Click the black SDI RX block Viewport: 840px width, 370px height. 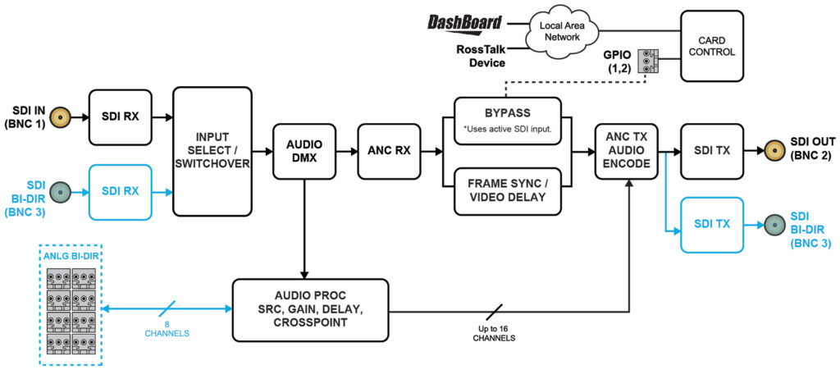click(120, 117)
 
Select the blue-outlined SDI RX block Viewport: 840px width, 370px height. click(120, 191)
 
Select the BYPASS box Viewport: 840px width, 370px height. click(508, 121)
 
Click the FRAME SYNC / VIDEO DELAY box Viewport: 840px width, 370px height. click(508, 190)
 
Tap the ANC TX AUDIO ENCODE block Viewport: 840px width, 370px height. click(628, 151)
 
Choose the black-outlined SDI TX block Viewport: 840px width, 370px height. click(712, 151)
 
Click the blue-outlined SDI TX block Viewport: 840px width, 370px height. click(712, 224)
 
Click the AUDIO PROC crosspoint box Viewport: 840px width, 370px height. click(310, 309)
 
